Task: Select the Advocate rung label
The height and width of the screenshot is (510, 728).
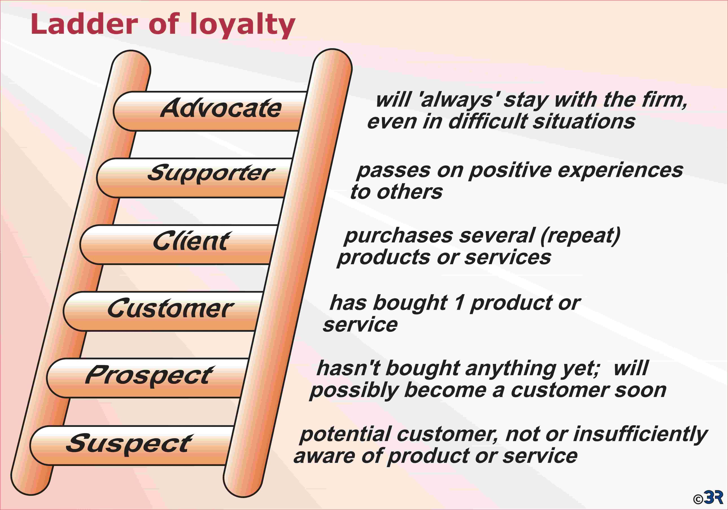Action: click(x=221, y=108)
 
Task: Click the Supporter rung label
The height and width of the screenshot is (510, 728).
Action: click(x=211, y=173)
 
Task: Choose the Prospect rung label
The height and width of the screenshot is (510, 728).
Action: click(x=149, y=376)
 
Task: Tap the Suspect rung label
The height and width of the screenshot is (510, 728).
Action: click(x=129, y=444)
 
